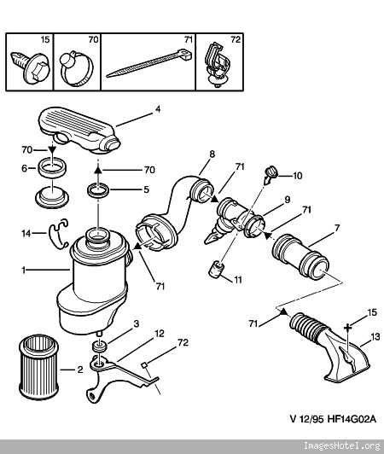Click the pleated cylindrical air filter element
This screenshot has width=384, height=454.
[x=38, y=368]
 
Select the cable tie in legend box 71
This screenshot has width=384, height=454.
[x=149, y=63]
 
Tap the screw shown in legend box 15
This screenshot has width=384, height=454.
[x=31, y=67]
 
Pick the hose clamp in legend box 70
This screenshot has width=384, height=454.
[x=76, y=67]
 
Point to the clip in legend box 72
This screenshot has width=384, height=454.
[x=218, y=66]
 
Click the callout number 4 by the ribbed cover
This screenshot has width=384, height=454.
[x=158, y=109]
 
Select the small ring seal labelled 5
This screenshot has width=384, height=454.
[x=98, y=191]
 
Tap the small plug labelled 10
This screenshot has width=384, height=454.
[x=271, y=175]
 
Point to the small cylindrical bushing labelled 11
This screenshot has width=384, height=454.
[x=217, y=269]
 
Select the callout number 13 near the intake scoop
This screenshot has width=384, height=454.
[x=375, y=337]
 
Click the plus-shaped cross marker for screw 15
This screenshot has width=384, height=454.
[x=347, y=328]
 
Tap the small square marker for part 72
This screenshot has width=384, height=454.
[x=144, y=365]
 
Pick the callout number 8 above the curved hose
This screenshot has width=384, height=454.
[x=212, y=154]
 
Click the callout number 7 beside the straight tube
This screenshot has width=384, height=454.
[x=336, y=228]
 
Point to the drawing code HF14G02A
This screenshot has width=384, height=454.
[x=352, y=419]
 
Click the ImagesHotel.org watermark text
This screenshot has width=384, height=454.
[x=341, y=445]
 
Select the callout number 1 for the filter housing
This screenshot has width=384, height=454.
[x=24, y=271]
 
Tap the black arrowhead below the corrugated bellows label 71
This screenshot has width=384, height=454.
[x=283, y=311]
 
